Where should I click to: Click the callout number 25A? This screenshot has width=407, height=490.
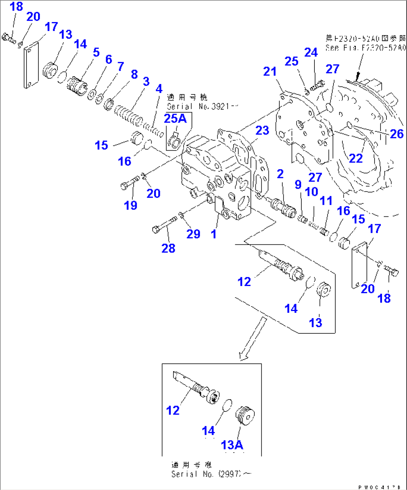[175, 118]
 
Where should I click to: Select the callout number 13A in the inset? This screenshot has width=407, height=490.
[232, 445]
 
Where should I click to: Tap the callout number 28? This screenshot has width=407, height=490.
[168, 248]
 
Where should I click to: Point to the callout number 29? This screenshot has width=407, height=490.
[193, 234]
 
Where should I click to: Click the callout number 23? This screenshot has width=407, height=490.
[262, 130]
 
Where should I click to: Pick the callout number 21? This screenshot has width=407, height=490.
[270, 71]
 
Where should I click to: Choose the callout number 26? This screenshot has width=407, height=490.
[397, 133]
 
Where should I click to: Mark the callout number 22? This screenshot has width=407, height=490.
[355, 158]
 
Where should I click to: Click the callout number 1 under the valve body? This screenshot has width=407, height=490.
[214, 234]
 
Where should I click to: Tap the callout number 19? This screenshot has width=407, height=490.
[131, 205]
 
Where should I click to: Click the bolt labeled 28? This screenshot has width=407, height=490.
[164, 224]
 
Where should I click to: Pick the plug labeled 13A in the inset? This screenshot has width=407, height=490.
[245, 415]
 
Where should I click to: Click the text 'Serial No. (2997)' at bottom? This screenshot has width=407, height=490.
[211, 474]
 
